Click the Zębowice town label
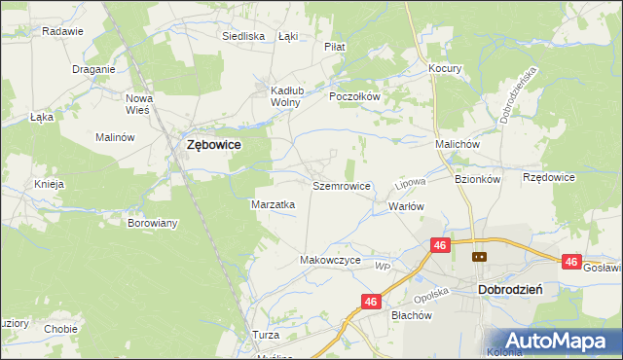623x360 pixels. tap(214, 144)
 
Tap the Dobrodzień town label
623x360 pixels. tap(510, 290)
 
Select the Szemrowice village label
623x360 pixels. tap(341, 185)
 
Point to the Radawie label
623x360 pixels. tap(62, 31)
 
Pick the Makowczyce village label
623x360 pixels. tap(331, 261)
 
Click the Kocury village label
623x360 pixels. tap(445, 69)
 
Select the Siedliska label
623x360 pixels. tap(243, 36)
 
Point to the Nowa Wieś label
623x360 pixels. tap(140, 103)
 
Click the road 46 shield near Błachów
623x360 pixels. tap(370, 303)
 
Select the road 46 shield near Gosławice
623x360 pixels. tap(571, 262)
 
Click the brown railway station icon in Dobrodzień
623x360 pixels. tap(479, 257)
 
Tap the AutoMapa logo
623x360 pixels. tap(557, 341)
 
